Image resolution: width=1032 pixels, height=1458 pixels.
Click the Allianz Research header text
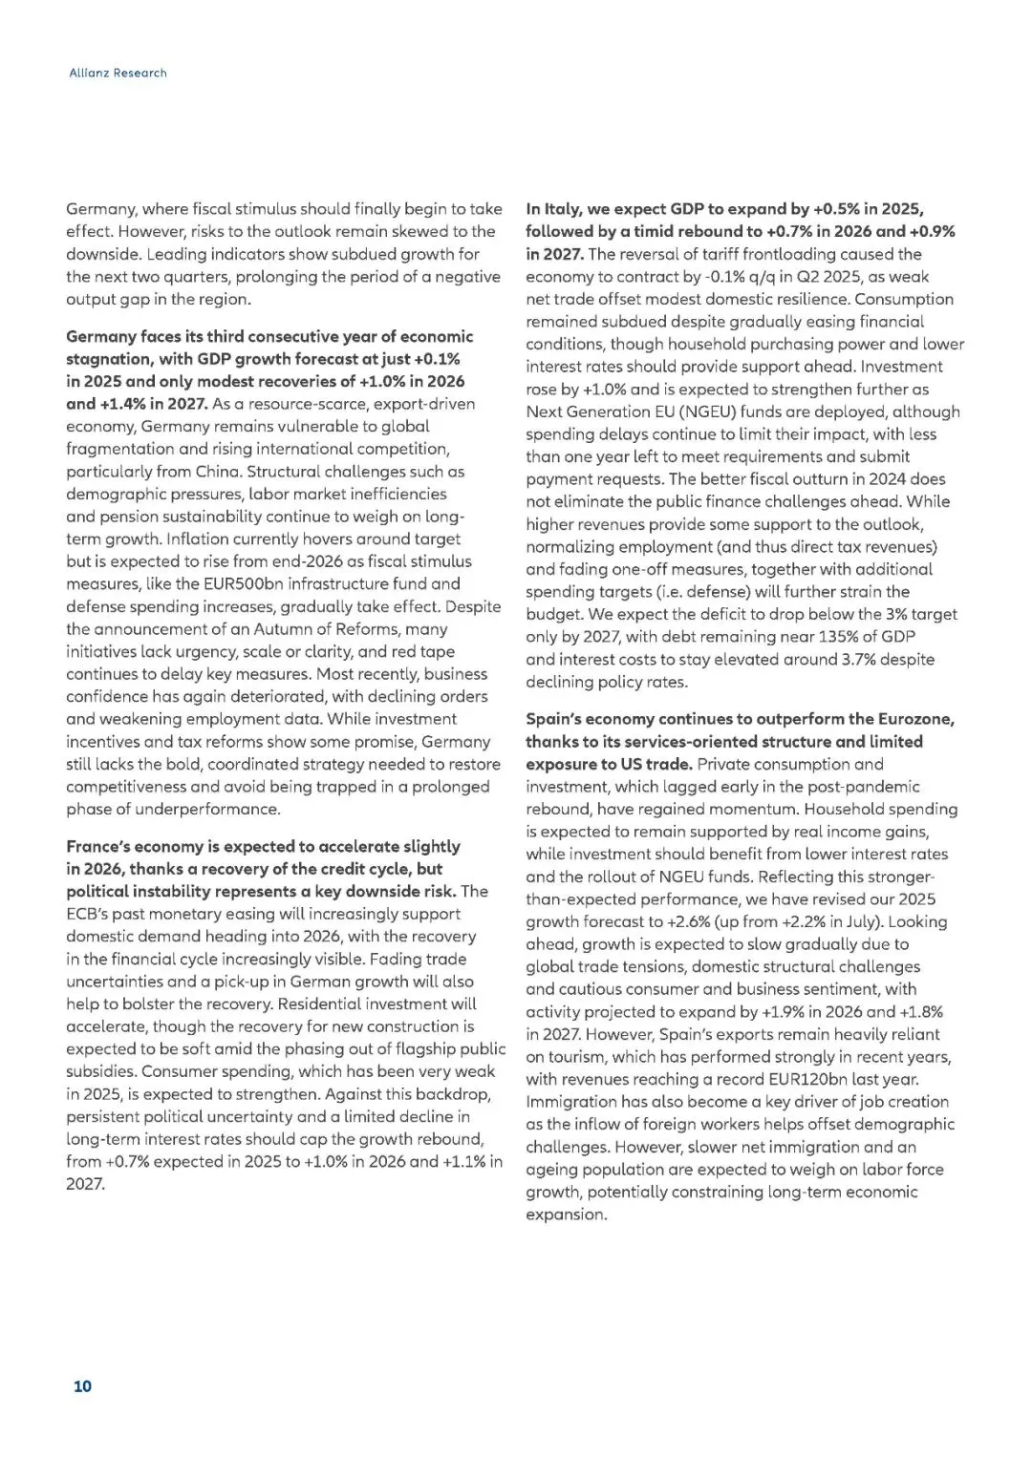click(x=118, y=73)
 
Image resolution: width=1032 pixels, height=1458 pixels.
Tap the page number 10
click(x=82, y=1385)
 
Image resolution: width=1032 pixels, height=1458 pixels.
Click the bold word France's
click(x=101, y=847)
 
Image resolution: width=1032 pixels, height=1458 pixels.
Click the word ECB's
click(x=87, y=914)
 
